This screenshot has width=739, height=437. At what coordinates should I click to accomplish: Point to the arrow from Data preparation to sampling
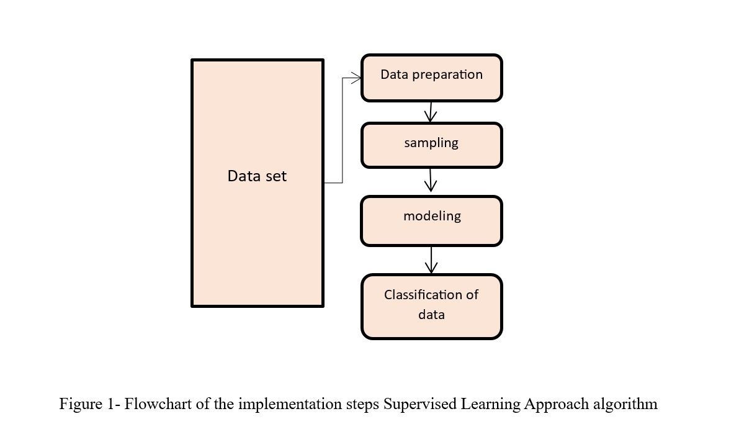[431, 112]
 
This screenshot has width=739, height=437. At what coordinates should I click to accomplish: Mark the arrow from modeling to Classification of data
[431, 260]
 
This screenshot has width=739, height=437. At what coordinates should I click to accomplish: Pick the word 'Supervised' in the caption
[419, 405]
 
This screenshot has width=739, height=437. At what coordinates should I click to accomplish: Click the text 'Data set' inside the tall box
[257, 176]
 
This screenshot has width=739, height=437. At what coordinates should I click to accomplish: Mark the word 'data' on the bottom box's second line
[431, 315]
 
